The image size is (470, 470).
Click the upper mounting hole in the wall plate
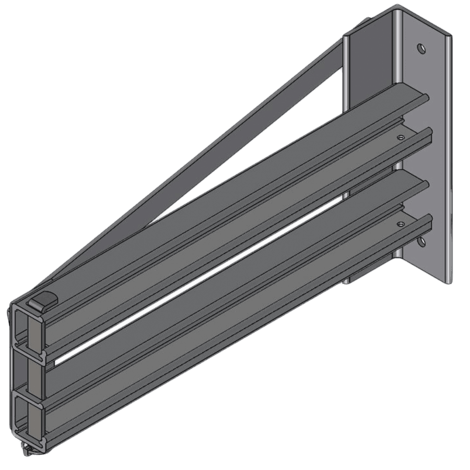(x=420, y=49)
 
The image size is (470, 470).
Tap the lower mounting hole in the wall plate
(x=421, y=242)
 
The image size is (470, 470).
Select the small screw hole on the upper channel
(x=401, y=137)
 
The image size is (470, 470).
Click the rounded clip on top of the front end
(x=41, y=300)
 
